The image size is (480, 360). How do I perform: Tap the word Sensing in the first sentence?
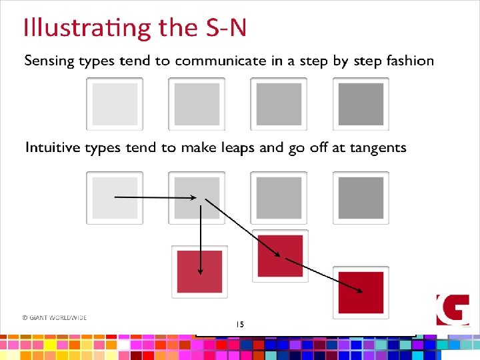48,61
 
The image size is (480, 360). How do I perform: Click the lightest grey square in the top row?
115,104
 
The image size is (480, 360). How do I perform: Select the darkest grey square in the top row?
361,104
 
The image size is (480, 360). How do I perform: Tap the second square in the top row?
197,104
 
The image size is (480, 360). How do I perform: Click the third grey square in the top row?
279,104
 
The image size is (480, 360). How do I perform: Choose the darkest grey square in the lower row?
361,197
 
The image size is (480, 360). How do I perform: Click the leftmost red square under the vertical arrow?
199,271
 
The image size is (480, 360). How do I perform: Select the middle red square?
280,256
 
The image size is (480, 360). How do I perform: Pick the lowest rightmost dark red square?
361,292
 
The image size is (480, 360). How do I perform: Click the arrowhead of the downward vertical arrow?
199,271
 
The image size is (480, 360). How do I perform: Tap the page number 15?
240,324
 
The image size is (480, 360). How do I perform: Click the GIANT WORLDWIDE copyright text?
54,318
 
